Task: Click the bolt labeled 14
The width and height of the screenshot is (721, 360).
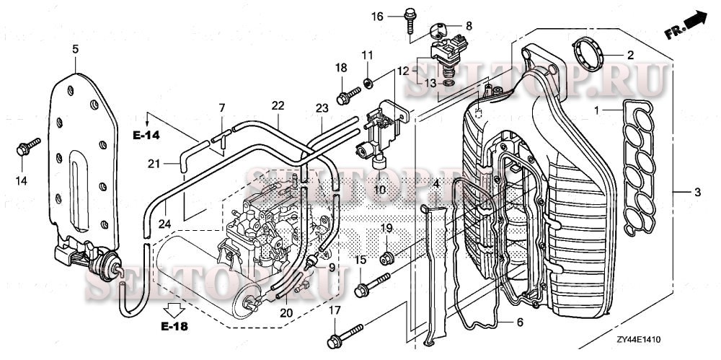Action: pyautogui.click(x=23, y=149)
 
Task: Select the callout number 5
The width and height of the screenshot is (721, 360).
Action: pyautogui.click(x=76, y=49)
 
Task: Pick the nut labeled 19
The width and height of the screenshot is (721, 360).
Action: pyautogui.click(x=387, y=255)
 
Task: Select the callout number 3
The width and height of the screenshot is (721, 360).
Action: pyautogui.click(x=697, y=193)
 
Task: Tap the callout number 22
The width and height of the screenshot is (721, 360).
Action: pyautogui.click(x=278, y=105)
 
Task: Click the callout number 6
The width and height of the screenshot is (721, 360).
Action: pyautogui.click(x=520, y=322)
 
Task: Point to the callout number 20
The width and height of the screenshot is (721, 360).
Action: pyautogui.click(x=287, y=312)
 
